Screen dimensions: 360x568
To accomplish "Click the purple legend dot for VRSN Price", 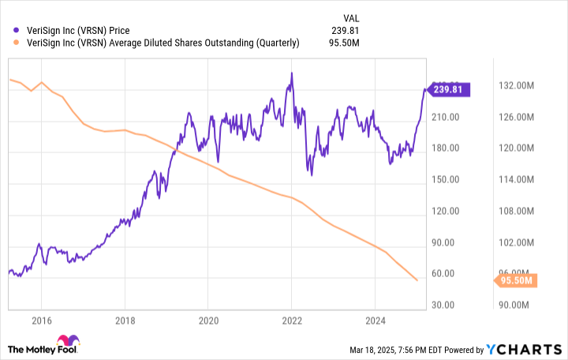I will click(17, 31).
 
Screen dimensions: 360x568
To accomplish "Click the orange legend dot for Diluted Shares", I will click(17, 43).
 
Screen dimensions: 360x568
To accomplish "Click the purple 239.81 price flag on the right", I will click(448, 90).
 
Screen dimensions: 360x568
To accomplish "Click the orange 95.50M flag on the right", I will click(516, 280).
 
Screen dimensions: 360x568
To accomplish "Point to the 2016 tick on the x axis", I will click(41, 321).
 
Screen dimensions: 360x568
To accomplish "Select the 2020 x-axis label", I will click(207, 321).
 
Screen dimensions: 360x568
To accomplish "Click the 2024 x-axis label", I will click(375, 321).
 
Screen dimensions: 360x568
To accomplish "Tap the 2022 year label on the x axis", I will click(291, 321).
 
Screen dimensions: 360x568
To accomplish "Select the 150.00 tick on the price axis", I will click(447, 179).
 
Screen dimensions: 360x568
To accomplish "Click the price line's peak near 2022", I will click(292, 73).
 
